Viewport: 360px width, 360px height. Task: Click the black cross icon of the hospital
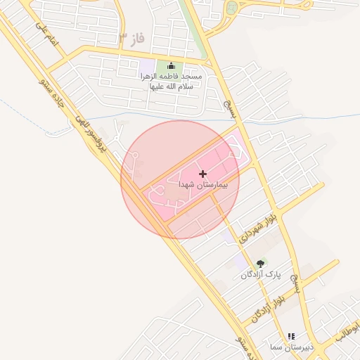point(203,173)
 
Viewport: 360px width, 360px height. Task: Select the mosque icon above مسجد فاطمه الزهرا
point(169,66)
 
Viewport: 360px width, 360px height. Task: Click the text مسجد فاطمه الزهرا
point(172,76)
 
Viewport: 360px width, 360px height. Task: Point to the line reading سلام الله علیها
point(172,86)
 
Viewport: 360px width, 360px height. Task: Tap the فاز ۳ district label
point(131,38)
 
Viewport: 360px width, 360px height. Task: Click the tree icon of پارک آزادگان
point(260,264)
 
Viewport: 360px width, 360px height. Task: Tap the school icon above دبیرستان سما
point(290,337)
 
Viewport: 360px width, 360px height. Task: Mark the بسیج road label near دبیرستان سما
point(300,283)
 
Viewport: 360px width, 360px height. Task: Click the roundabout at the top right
point(231,8)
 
